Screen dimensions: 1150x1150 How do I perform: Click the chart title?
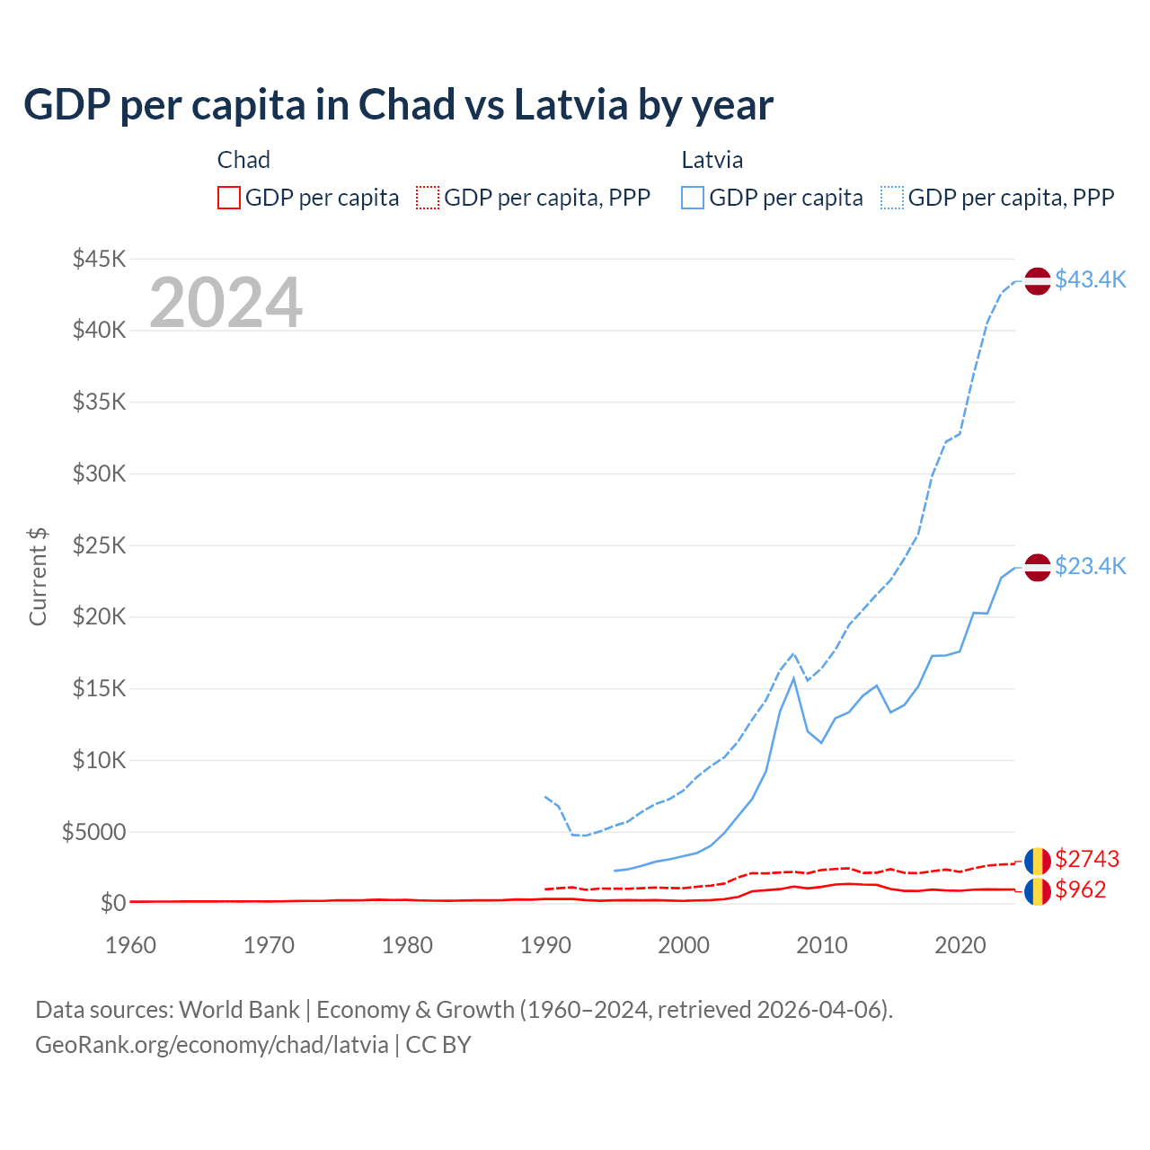[398, 105]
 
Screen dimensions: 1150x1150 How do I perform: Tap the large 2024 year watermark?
[226, 303]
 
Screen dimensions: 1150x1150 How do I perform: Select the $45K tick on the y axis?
[100, 259]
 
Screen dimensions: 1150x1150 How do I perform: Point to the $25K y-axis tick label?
[100, 545]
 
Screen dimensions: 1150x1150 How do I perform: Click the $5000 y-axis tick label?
[94, 832]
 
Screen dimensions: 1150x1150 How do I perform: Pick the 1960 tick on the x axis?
[130, 945]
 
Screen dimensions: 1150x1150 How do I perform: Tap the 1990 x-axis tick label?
[545, 945]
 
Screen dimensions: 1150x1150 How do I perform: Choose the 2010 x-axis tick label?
[822, 945]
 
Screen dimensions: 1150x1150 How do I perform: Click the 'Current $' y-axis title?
[38, 577]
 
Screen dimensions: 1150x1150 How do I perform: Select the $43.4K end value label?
[1090, 280]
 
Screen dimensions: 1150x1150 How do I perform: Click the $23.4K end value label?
[1090, 566]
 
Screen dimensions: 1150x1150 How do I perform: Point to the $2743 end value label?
[1087, 859]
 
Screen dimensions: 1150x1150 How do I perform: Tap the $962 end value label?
[1081, 889]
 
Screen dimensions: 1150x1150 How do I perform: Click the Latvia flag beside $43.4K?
[1038, 281]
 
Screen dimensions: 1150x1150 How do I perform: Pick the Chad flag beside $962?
[1038, 891]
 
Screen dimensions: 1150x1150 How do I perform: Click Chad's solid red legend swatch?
[229, 198]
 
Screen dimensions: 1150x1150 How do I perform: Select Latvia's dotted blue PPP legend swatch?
[892, 198]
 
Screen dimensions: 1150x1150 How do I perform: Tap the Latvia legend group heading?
[712, 160]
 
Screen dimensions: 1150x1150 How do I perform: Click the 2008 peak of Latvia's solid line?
[793, 677]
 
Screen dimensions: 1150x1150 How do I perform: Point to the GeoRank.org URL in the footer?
[212, 1045]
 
